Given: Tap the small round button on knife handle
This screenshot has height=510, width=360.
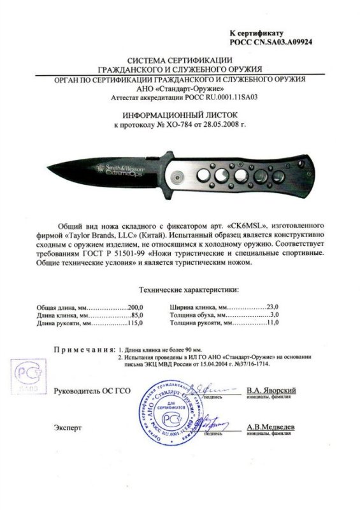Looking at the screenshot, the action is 179,175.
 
